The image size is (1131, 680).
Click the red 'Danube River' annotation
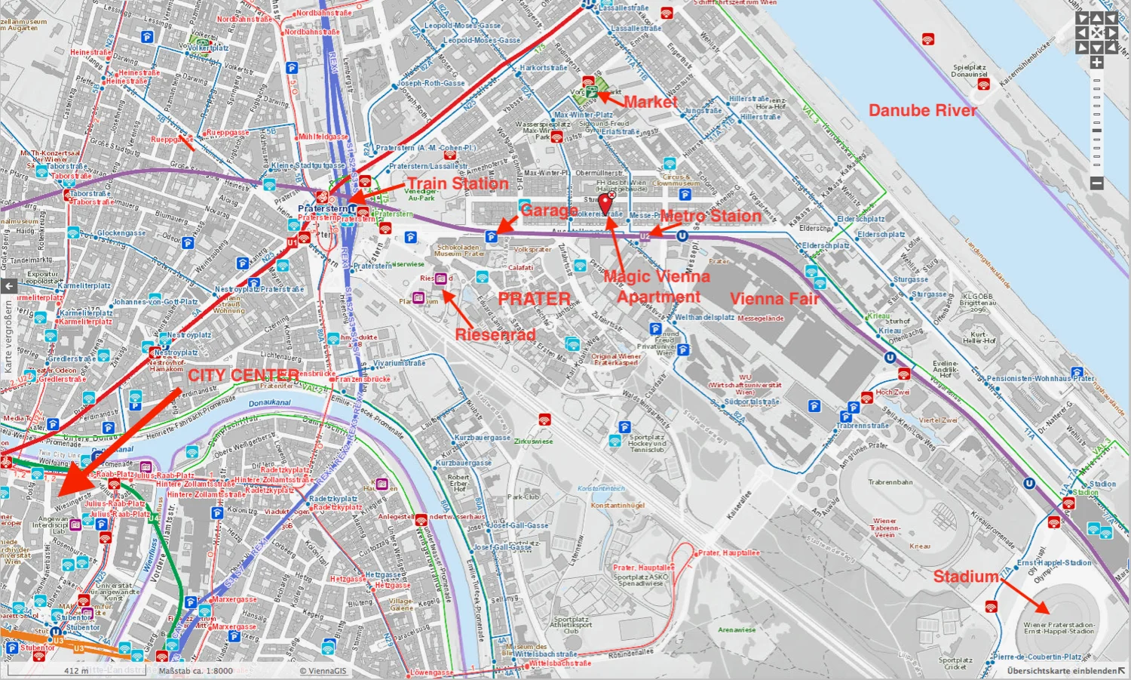click(x=922, y=110)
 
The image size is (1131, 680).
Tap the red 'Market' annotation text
click(x=650, y=102)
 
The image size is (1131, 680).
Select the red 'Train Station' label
click(x=458, y=183)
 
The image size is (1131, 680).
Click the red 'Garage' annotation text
click(x=548, y=211)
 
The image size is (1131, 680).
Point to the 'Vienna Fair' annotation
click(x=774, y=299)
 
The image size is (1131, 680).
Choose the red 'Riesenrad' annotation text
click(x=495, y=334)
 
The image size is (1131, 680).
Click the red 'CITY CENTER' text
click(x=243, y=375)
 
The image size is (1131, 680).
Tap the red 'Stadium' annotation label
click(x=966, y=577)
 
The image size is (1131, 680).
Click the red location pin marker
click(x=605, y=203)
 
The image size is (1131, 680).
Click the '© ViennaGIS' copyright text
click(x=323, y=671)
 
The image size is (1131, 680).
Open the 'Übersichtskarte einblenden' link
click(x=1062, y=671)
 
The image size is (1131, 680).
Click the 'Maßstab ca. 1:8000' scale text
click(x=195, y=671)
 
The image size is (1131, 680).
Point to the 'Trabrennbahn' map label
click(x=890, y=482)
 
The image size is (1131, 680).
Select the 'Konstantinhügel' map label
click(x=618, y=506)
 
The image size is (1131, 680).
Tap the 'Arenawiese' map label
click(x=737, y=629)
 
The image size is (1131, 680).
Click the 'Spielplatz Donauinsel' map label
click(x=969, y=71)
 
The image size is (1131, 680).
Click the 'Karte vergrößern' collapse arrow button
click(x=8, y=286)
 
